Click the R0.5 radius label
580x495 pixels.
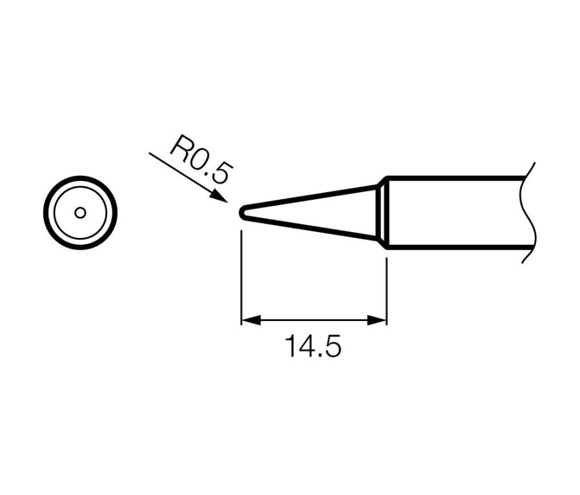point(200,161)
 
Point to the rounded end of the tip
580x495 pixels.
point(241,213)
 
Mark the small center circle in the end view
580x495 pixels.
point(80,213)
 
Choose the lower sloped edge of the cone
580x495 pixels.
point(310,227)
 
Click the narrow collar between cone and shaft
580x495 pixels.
point(382,213)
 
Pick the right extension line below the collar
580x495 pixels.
point(386,290)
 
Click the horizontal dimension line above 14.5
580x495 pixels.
point(313,320)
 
